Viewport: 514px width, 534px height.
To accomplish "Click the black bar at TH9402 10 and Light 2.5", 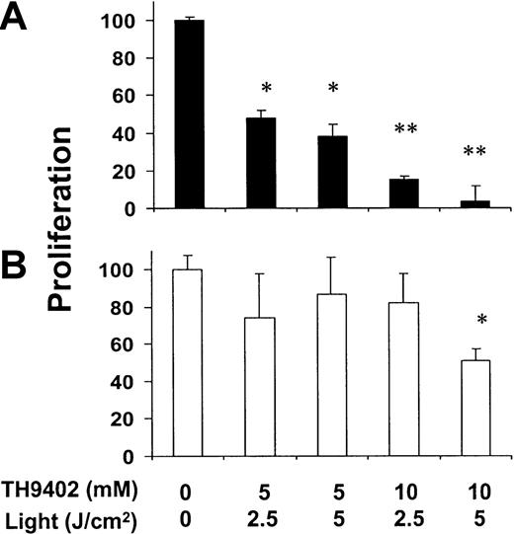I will click(379, 194).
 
